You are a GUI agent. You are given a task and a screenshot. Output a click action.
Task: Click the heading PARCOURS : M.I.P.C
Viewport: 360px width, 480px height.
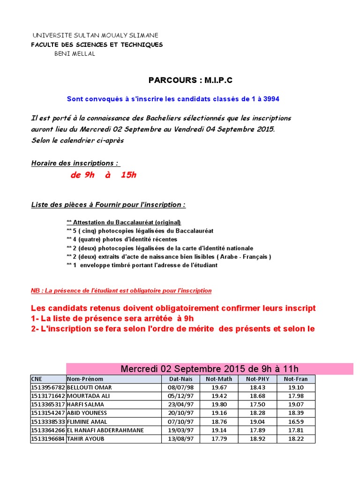click(190, 80)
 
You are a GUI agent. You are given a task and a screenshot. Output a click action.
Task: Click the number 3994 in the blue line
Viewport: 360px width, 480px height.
click(271, 99)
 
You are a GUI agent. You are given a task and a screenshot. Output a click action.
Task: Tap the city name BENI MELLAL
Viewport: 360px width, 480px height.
click(75, 53)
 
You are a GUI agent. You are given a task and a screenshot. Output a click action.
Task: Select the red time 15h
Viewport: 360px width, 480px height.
click(128, 175)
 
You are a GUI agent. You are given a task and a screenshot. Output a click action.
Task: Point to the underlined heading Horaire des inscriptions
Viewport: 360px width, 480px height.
click(75, 163)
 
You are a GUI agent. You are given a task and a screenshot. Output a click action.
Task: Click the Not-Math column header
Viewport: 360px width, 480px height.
click(219, 379)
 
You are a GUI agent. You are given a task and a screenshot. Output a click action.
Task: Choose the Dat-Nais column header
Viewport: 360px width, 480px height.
click(180, 379)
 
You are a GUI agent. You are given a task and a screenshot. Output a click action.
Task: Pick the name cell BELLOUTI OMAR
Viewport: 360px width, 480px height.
click(90, 387)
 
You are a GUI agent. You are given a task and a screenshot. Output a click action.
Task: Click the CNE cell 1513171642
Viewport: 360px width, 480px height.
click(48, 396)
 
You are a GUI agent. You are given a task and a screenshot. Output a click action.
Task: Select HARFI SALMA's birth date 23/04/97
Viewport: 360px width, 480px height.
click(180, 404)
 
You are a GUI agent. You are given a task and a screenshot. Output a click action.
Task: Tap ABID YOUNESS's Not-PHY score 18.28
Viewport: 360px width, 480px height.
click(257, 412)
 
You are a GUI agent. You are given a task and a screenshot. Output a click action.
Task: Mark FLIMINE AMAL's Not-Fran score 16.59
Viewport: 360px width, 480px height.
click(296, 421)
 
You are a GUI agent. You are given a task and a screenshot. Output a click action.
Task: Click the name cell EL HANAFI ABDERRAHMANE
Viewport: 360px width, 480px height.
click(105, 430)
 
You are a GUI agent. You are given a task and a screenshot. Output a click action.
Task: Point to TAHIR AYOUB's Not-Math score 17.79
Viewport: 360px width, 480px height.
click(219, 438)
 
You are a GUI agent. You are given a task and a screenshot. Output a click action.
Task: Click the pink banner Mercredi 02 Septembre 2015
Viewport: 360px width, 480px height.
click(210, 368)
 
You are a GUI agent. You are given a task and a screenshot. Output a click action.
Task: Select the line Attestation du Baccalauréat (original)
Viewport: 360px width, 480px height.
click(124, 222)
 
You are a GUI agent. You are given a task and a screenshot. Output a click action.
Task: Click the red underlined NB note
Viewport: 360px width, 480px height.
click(121, 291)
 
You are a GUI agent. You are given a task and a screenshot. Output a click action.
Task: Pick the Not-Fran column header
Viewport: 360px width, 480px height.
click(296, 379)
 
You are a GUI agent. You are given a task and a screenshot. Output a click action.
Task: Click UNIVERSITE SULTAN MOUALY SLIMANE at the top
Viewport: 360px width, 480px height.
click(96, 36)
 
